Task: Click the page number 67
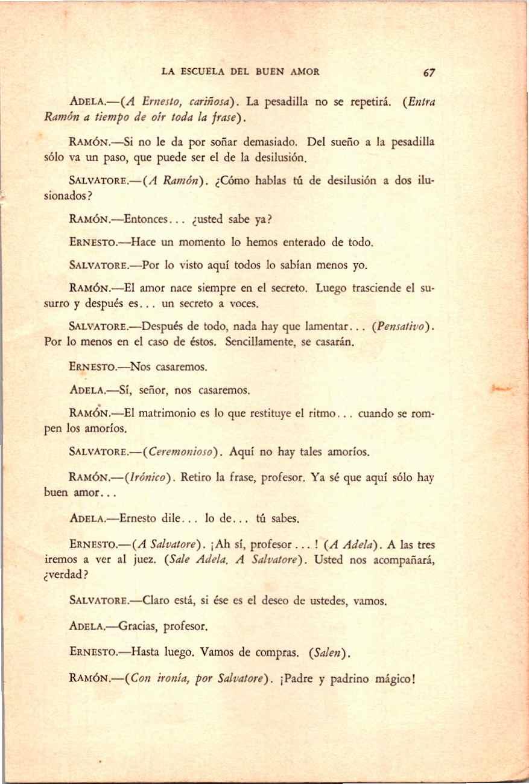pyautogui.click(x=429, y=72)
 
